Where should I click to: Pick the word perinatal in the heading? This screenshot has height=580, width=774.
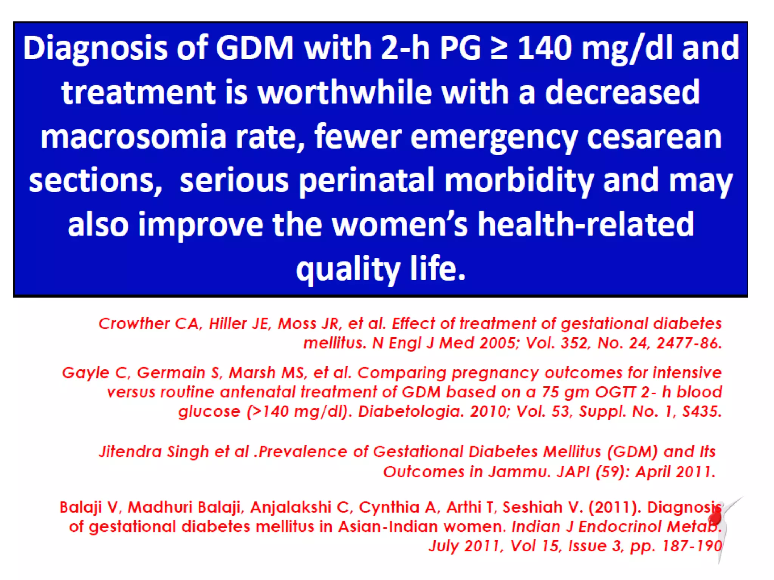click(x=367, y=180)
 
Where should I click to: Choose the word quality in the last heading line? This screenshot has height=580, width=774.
click(x=348, y=270)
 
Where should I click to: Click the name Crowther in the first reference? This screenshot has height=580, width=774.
click(x=134, y=324)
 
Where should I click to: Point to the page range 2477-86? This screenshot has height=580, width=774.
click(x=689, y=343)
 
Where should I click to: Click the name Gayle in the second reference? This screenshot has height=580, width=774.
click(x=85, y=373)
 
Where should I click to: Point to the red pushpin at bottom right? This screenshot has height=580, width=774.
click(x=715, y=515)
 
